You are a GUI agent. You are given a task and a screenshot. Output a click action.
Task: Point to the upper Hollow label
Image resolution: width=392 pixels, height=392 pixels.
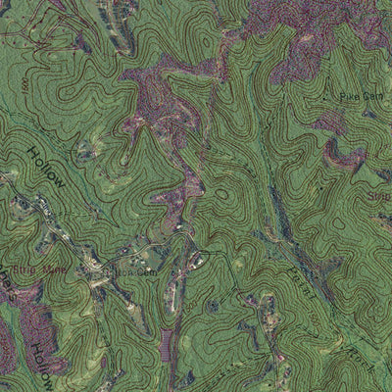47,167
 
